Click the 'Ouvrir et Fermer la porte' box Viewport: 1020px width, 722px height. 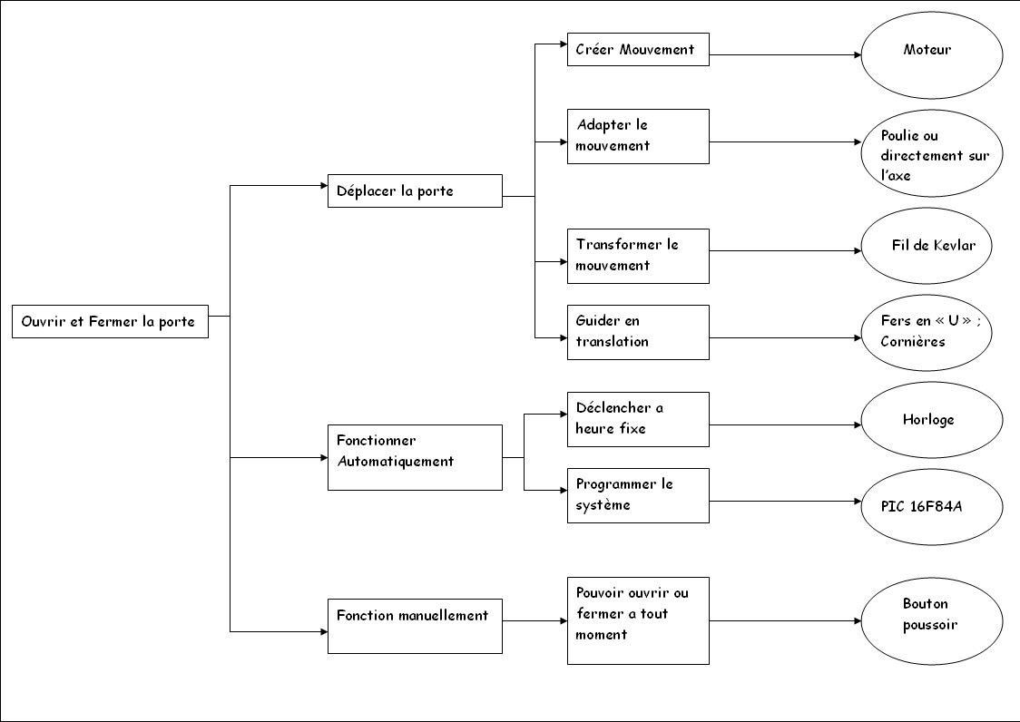click(110, 322)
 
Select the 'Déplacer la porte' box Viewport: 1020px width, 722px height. click(415, 191)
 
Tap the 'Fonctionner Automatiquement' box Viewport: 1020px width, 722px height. click(415, 457)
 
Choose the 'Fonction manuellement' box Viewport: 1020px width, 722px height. click(415, 626)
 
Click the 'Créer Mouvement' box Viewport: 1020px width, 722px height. click(637, 50)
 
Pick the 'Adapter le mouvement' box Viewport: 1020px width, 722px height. click(637, 136)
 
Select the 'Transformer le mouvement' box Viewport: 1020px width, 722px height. click(637, 256)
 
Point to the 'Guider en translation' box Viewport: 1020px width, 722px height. click(637, 332)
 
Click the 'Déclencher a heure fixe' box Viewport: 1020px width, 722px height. click(637, 419)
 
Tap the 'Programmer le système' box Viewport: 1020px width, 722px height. click(637, 495)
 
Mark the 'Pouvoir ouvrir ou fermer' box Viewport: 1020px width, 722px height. click(637, 620)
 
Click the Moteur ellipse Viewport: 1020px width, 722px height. click(931, 54)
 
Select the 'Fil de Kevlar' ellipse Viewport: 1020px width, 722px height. click(931, 246)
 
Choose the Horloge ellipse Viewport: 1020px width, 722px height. click(931, 420)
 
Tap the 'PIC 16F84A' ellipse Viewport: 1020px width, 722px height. click(931, 505)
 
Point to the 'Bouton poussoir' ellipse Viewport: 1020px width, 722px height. click(931, 620)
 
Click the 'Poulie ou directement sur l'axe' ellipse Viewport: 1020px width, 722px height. click(931, 153)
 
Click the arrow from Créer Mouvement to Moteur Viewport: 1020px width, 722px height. click(785, 55)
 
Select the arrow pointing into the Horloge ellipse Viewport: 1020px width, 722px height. click(785, 424)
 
